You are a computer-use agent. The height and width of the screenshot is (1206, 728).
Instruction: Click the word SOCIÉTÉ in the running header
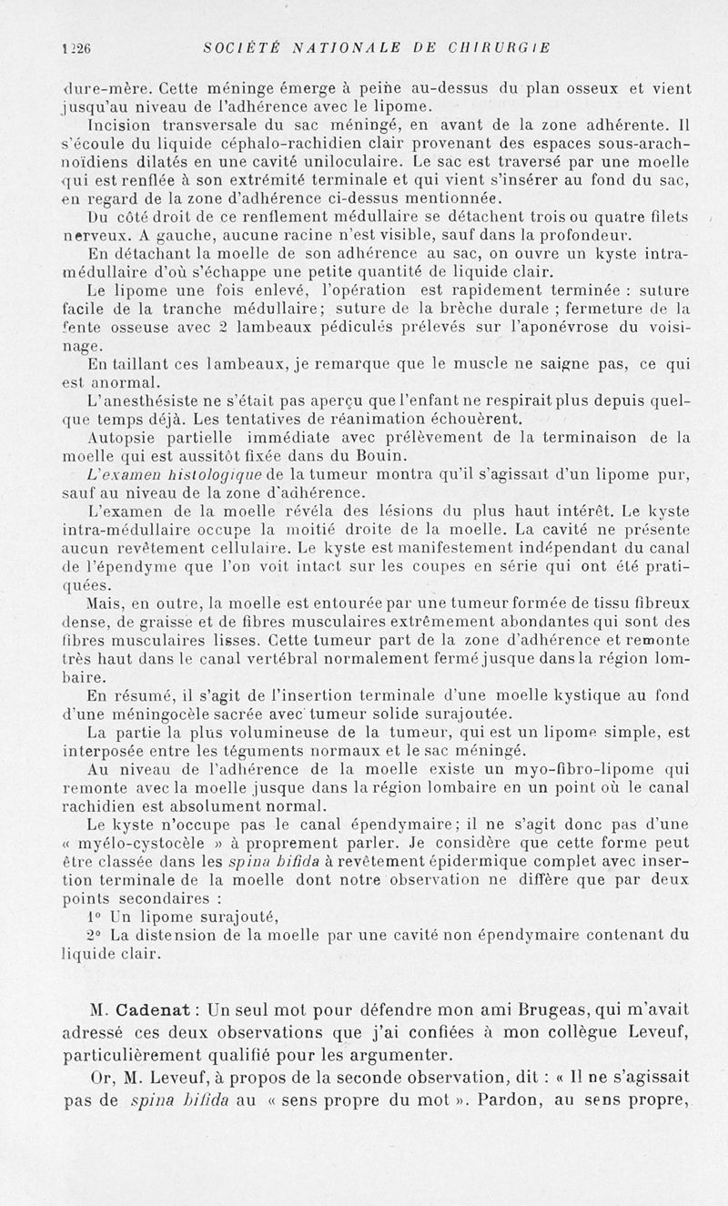(228, 46)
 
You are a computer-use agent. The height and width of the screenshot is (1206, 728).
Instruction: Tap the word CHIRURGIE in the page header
(499, 46)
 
